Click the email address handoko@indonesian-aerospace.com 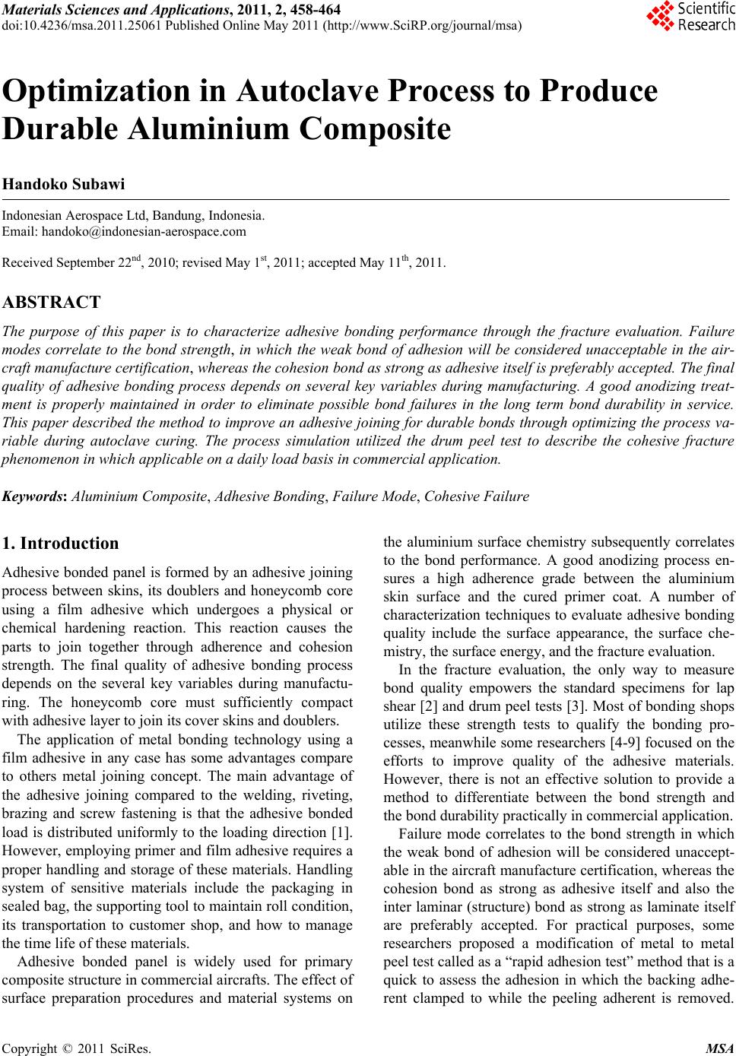(x=143, y=231)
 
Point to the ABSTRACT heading (x=52, y=303)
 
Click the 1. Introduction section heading (x=61, y=544)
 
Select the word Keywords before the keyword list (x=34, y=496)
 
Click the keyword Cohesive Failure (x=477, y=496)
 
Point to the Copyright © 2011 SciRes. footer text (x=77, y=1049)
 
